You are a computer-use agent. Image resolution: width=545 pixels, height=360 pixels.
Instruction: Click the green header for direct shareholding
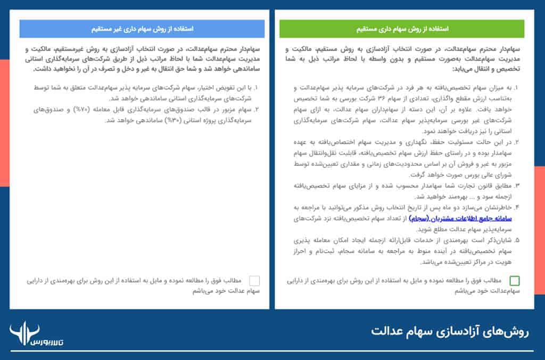coord(402,29)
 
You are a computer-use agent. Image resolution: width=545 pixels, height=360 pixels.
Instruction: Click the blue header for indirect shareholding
coord(143,29)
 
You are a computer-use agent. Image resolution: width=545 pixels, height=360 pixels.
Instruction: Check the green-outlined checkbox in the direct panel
coord(515,281)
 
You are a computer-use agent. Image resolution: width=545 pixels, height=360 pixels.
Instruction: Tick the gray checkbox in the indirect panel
coord(254,281)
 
